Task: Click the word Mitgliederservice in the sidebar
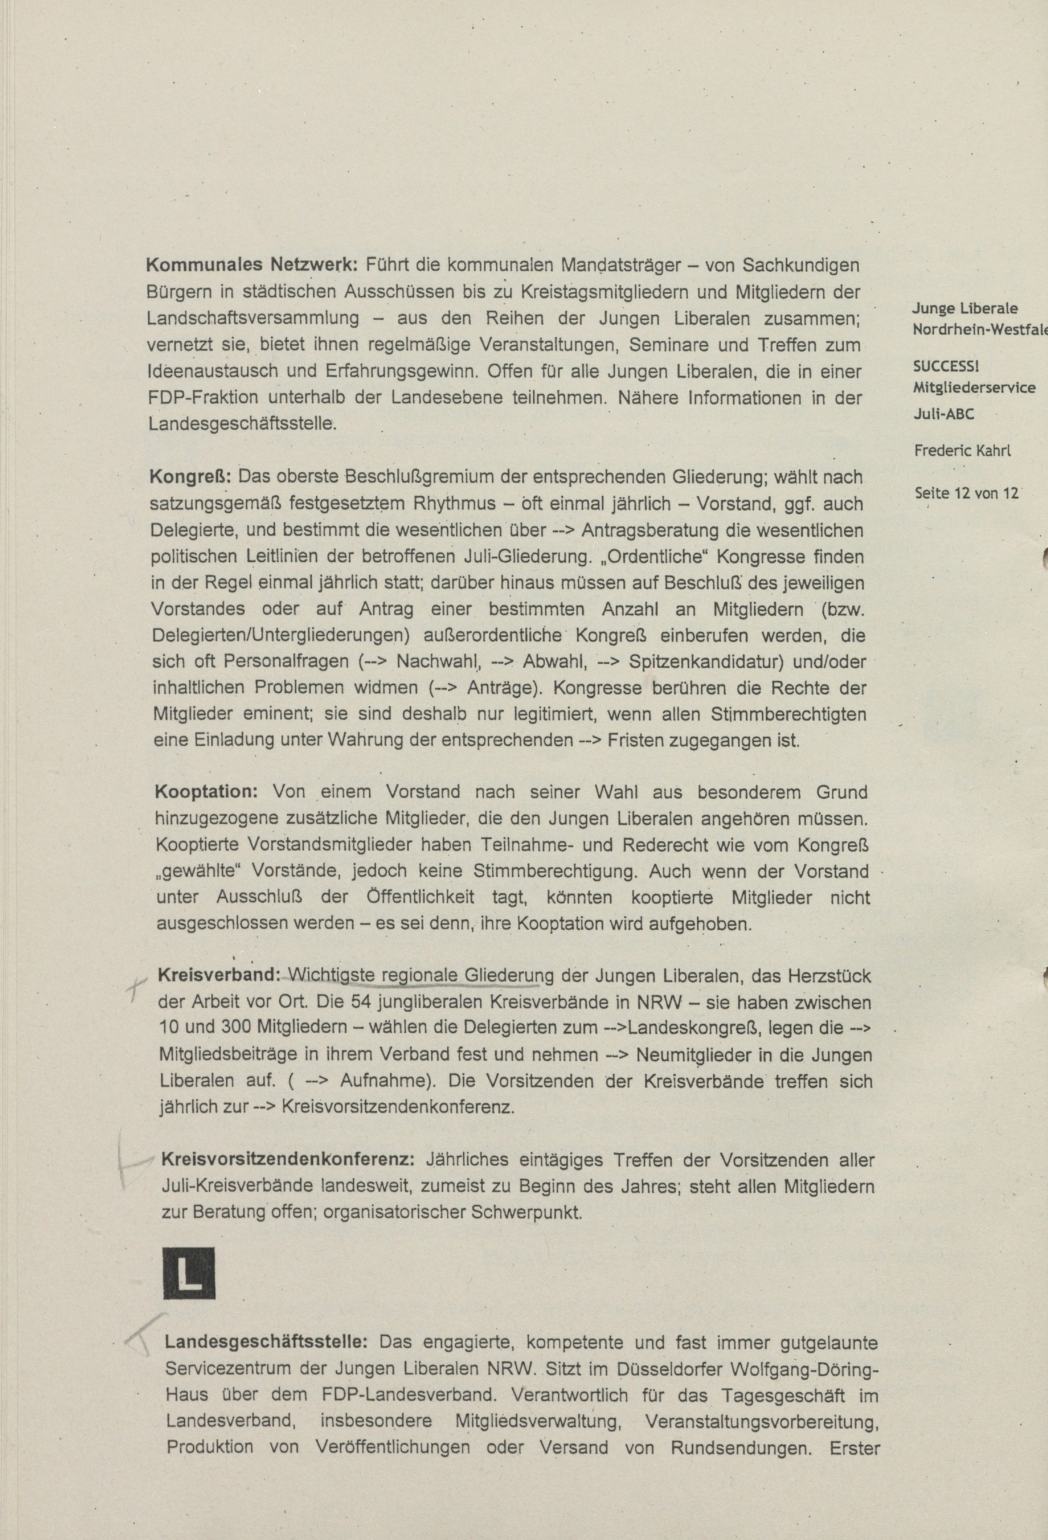coord(974,387)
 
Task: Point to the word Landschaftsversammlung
coord(253,318)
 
